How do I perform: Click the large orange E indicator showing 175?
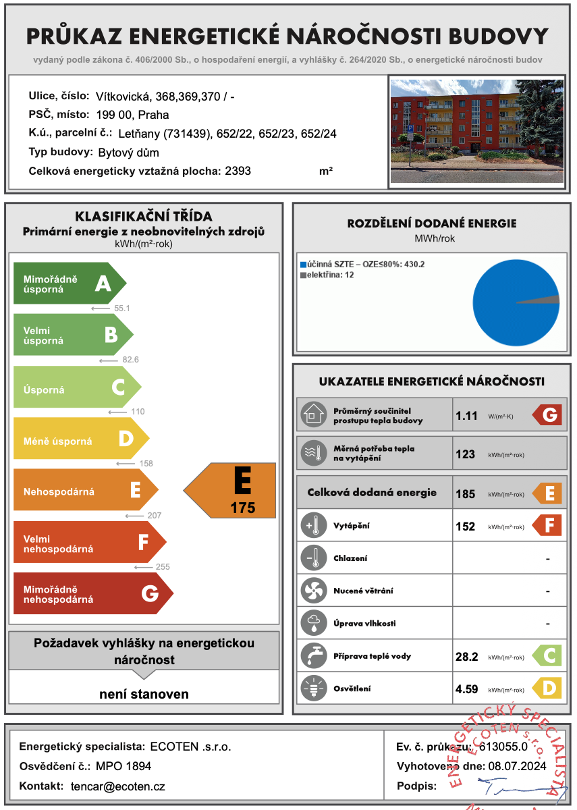pos(233,491)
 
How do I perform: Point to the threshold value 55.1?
pos(122,308)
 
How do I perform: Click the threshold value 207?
pos(154,516)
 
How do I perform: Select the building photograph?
pos(476,130)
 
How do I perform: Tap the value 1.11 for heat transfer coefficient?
pos(466,416)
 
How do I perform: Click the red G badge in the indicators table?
pos(548,415)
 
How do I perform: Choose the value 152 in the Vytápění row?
pos(466,526)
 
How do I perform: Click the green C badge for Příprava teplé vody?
pos(548,656)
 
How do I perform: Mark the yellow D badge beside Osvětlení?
pos(548,688)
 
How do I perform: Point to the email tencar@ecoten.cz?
pos(117,786)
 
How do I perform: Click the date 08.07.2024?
pos(517,766)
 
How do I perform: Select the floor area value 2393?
pos(238,171)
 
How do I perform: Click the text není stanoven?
pos(144,694)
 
